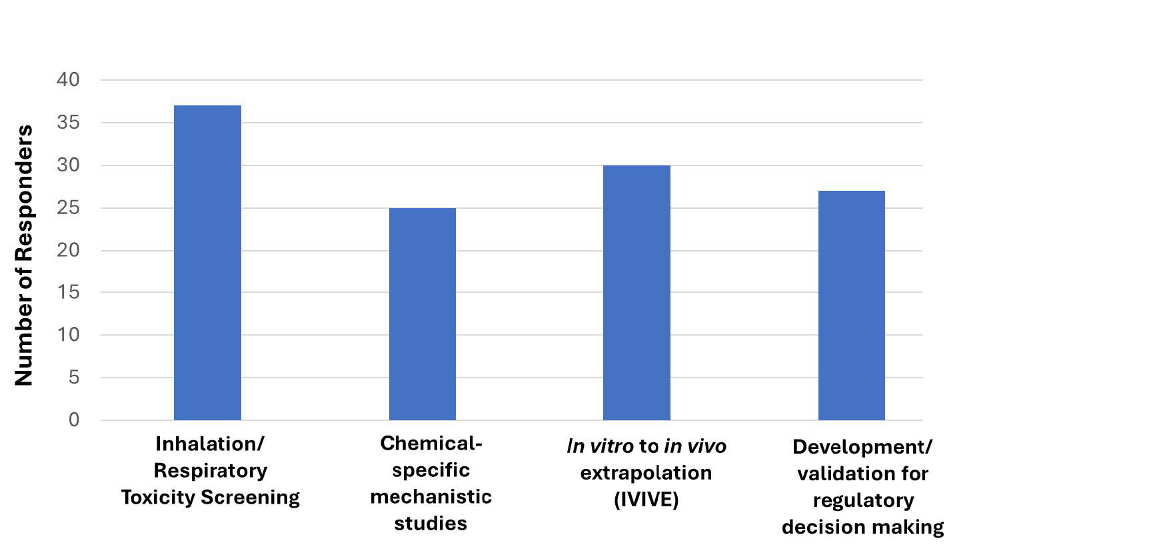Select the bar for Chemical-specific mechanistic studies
[x=423, y=314]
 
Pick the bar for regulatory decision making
[x=851, y=305]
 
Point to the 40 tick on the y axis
[x=68, y=80]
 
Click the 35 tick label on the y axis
[x=68, y=123]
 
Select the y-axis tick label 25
[x=68, y=208]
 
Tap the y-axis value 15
[x=68, y=292]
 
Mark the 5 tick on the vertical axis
[x=73, y=378]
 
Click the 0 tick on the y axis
[x=73, y=420]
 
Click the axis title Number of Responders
[x=24, y=255]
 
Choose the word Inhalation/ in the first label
[x=210, y=444]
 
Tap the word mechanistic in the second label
[x=431, y=497]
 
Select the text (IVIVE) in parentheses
[x=646, y=500]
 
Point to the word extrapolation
[x=646, y=473]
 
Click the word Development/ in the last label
[x=862, y=447]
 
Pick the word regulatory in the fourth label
[x=862, y=500]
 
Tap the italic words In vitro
[x=600, y=446]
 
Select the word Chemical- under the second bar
[x=431, y=444]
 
